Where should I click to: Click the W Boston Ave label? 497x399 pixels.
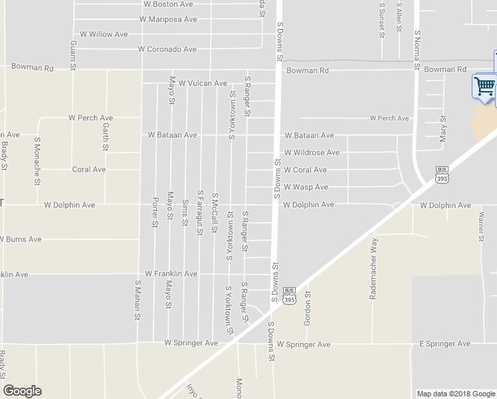click(x=168, y=4)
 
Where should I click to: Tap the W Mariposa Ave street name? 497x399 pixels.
click(x=168, y=19)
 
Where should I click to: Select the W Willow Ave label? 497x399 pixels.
click(x=104, y=34)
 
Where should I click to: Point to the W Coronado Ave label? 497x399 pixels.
click(x=167, y=49)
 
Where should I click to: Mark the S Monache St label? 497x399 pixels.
click(x=38, y=162)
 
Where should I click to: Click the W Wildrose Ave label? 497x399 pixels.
click(x=312, y=152)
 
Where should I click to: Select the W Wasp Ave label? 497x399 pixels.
click(x=306, y=188)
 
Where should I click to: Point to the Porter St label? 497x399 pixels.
click(x=155, y=211)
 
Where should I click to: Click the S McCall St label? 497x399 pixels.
click(x=214, y=213)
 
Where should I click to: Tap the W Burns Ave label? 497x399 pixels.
click(x=21, y=239)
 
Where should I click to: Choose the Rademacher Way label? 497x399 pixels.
click(x=374, y=268)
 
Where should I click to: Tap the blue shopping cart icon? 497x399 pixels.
click(x=484, y=86)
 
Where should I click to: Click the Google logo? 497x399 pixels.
click(x=22, y=391)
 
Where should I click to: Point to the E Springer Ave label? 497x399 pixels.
click(x=445, y=344)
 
